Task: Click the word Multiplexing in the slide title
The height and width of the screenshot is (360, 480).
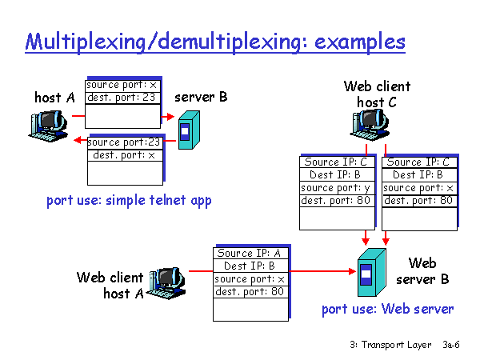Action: pyautogui.click(x=86, y=42)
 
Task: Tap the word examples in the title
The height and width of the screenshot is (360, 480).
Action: pyautogui.click(x=360, y=42)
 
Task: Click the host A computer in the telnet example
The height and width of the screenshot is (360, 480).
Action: pyautogui.click(x=48, y=126)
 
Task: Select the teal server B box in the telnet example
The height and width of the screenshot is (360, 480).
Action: pyautogui.click(x=189, y=130)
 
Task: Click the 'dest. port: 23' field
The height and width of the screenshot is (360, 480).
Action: pyautogui.click(x=122, y=98)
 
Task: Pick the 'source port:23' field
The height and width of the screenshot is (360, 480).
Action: pyautogui.click(x=125, y=142)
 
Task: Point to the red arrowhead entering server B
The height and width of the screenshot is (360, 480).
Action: pyautogui.click(x=170, y=116)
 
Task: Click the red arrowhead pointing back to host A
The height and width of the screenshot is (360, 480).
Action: pyautogui.click(x=78, y=140)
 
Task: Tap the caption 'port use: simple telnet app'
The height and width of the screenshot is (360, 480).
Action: pyautogui.click(x=129, y=201)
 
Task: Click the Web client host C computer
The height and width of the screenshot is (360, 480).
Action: pyautogui.click(x=370, y=125)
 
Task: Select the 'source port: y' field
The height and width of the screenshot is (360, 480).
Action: pyautogui.click(x=337, y=188)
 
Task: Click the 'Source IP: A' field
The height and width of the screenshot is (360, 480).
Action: pyautogui.click(x=250, y=254)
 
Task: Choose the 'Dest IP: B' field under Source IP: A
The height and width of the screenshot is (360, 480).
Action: pyautogui.click(x=250, y=266)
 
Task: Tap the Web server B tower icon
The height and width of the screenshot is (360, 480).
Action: pyautogui.click(x=372, y=273)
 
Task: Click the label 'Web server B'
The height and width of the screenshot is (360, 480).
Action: pyautogui.click(x=422, y=271)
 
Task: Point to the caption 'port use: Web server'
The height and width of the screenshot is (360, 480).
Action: pyautogui.click(x=387, y=309)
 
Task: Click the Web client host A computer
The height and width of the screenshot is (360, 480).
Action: pyautogui.click(x=167, y=283)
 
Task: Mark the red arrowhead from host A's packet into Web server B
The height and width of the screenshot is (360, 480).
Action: pyautogui.click(x=352, y=271)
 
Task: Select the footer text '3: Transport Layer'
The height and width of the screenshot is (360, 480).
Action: pyautogui.click(x=390, y=345)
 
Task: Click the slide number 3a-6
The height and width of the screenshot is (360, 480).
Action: pyautogui.click(x=451, y=345)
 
